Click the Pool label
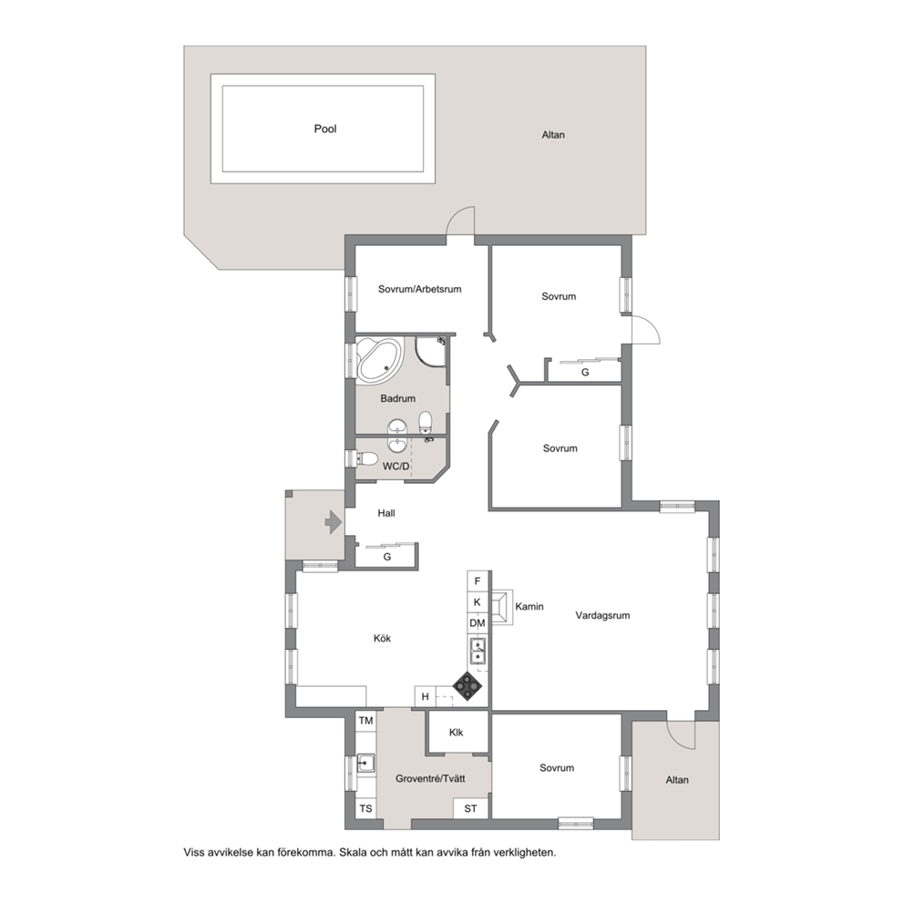(325, 128)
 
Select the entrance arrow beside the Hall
(334, 522)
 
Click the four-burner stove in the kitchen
(467, 686)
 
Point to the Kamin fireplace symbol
(501, 607)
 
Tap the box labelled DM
(478, 623)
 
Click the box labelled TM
(366, 721)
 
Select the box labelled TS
(366, 808)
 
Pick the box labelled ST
(470, 808)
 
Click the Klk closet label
(456, 733)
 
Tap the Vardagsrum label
(602, 615)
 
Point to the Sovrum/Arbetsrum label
(420, 289)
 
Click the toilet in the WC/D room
(367, 459)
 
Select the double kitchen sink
(478, 651)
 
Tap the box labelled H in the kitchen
(426, 696)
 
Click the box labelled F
(478, 581)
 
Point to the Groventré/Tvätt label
(430, 778)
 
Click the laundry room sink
(365, 764)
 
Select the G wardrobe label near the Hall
(387, 557)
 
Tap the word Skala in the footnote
(353, 852)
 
